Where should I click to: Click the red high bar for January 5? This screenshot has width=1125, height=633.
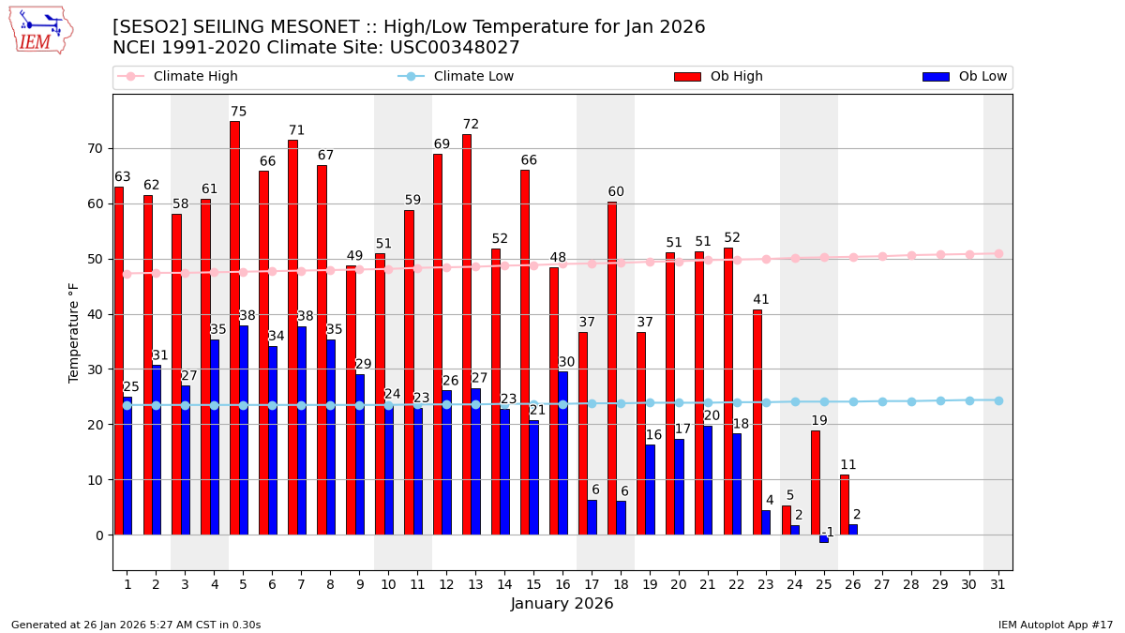pos(234,328)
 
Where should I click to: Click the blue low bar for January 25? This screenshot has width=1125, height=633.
pos(824,538)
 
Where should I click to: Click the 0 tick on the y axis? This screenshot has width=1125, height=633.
pos(99,535)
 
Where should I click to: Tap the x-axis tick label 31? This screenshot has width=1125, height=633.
pos(998,584)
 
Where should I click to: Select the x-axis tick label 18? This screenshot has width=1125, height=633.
pos(621,584)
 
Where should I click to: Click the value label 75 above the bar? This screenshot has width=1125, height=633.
pos(239,113)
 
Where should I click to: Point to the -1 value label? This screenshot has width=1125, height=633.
pos(828,533)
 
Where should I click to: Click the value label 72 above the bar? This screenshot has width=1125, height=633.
pos(471,125)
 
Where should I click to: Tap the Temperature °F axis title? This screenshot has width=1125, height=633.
pos(75,332)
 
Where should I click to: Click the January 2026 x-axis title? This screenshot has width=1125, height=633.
pos(562,605)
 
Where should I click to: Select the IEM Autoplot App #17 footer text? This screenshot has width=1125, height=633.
pos(1056,625)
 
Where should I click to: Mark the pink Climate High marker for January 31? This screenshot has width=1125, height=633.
pos(998,253)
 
